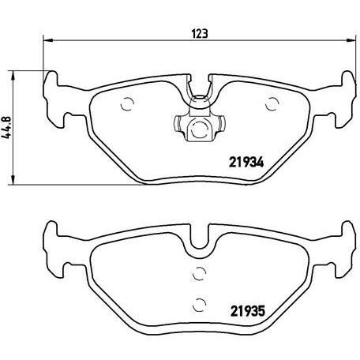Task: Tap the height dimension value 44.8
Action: [x=9, y=129]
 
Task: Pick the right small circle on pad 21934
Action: [x=273, y=103]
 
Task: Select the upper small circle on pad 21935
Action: [x=199, y=274]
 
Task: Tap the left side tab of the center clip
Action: [x=176, y=124]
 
